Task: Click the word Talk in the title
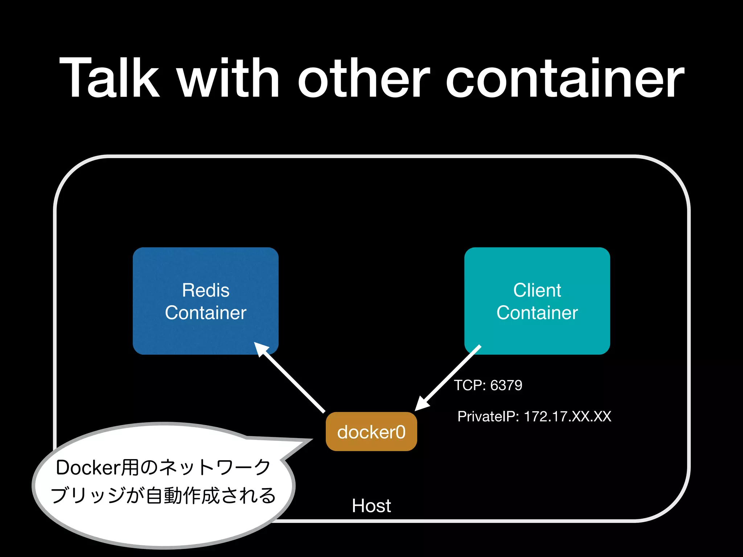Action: [x=109, y=78]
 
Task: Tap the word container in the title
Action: [x=565, y=78]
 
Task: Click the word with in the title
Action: [x=229, y=78]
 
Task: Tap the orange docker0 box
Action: [x=371, y=432]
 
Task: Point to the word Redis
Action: [x=206, y=290]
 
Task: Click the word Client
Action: [x=537, y=290]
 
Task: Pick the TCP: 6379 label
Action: [x=488, y=385]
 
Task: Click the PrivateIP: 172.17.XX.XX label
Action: [x=534, y=416]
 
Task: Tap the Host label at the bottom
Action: [x=371, y=506]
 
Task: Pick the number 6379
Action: [x=506, y=385]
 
